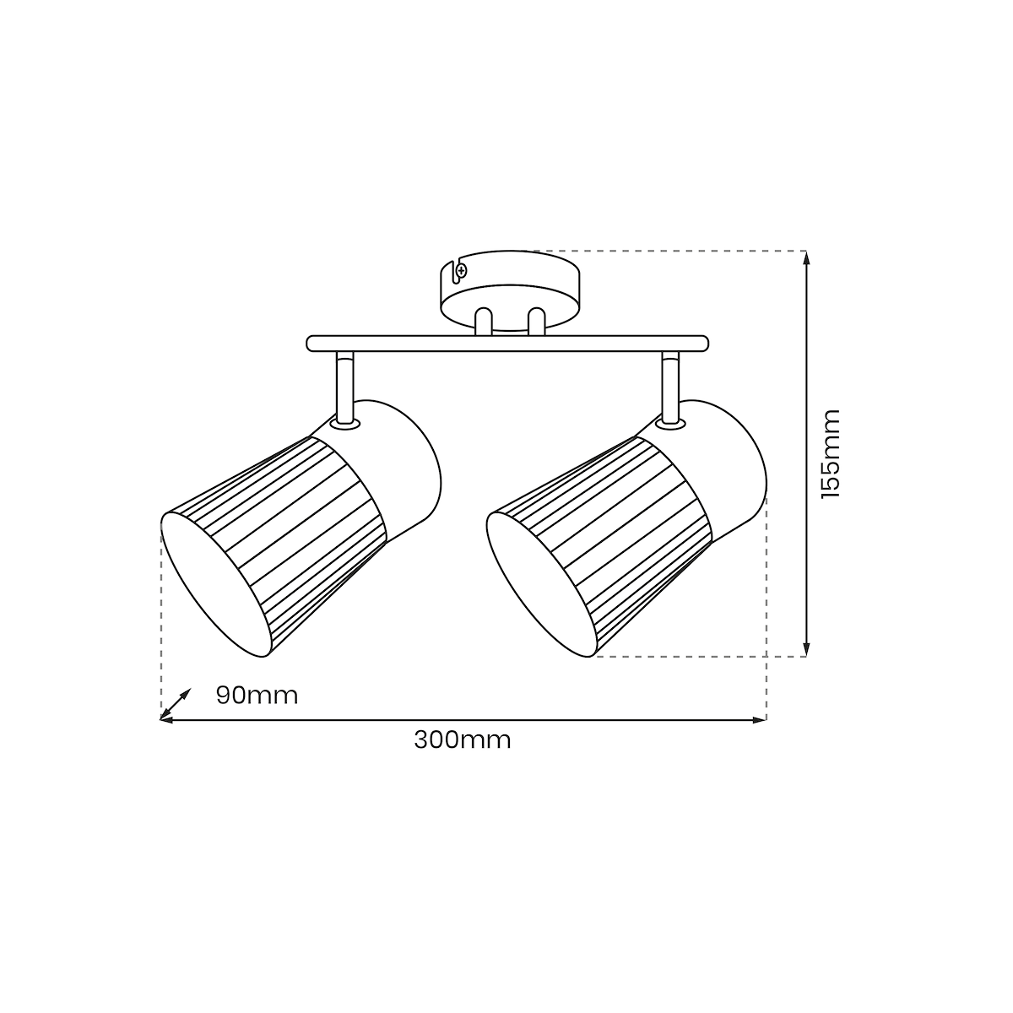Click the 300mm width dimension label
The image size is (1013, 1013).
tap(462, 740)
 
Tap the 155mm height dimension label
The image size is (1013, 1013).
tap(831, 453)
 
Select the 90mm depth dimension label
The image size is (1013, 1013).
tap(257, 696)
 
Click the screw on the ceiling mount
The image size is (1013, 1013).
tap(462, 271)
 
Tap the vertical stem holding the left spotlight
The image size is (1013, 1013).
tap(344, 388)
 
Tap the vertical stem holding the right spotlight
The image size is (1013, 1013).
tap(670, 388)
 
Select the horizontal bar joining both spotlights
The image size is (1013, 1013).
tap(507, 344)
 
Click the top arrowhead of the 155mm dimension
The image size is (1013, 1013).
tap(807, 257)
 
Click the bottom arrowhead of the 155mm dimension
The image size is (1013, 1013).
tap(807, 649)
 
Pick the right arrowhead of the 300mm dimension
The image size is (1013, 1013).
tap(759, 720)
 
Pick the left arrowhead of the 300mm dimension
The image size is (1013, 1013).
tap(166, 720)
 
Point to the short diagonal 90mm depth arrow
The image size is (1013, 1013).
tap(175, 703)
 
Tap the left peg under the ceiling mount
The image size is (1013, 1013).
tap(483, 321)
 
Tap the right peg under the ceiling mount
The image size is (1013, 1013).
tap(536, 321)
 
